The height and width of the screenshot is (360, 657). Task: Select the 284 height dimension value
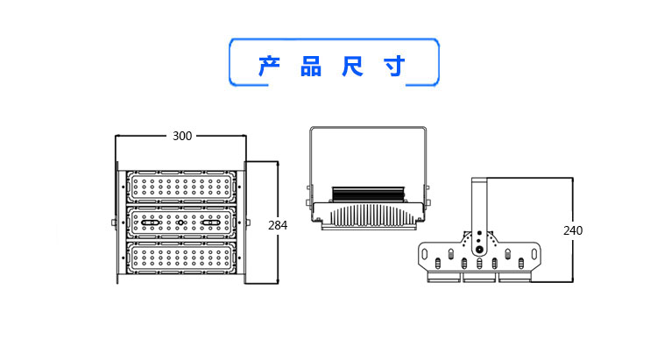point(278,225)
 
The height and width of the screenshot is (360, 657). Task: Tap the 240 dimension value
point(573,230)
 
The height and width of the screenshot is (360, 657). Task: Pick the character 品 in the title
point(311,67)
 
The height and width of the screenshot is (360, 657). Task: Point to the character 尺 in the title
point(353,67)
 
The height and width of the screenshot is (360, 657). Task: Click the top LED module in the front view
point(181,187)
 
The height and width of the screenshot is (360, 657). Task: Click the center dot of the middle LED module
point(181,224)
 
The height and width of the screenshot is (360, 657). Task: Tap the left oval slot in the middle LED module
point(151,224)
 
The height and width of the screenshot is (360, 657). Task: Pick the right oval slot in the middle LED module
point(211,224)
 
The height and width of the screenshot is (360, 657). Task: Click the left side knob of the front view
point(113,222)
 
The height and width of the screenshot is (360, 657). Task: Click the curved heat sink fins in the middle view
point(368,214)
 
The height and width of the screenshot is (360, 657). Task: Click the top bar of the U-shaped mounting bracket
point(368,129)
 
